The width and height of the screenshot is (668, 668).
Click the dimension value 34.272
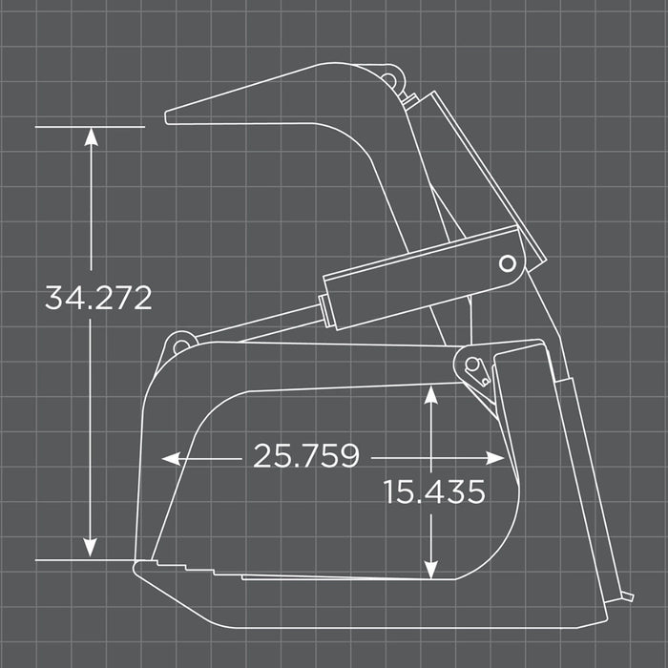click(x=98, y=298)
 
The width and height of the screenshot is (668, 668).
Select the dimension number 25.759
click(x=305, y=456)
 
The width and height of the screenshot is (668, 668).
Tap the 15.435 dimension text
click(x=434, y=492)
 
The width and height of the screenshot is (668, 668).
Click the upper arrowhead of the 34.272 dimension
click(x=91, y=136)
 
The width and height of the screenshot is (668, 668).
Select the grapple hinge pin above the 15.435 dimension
click(x=472, y=365)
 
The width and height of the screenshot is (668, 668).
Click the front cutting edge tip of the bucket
click(x=136, y=567)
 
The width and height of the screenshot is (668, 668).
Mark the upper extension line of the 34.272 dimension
click(x=91, y=126)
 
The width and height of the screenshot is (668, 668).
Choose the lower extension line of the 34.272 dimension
click(x=86, y=559)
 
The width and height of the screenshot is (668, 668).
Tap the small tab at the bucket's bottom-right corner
click(x=628, y=598)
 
